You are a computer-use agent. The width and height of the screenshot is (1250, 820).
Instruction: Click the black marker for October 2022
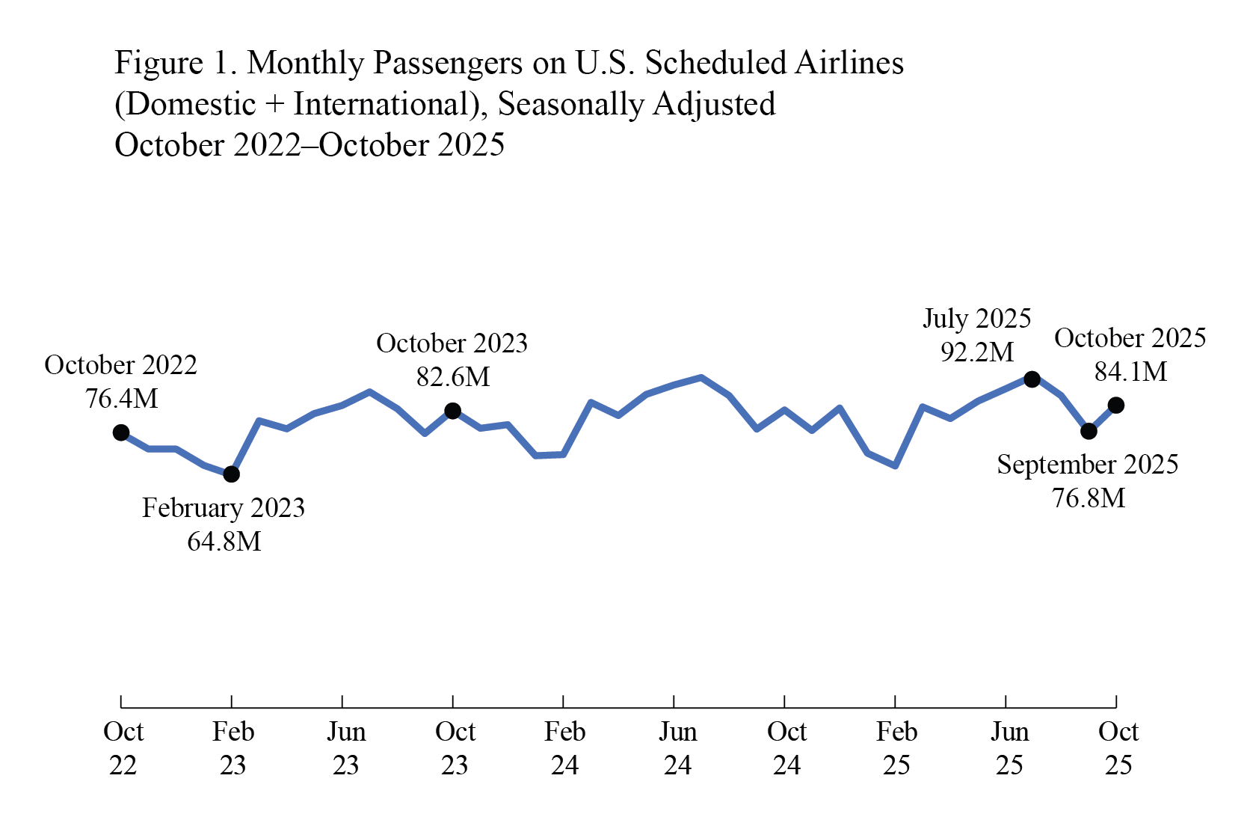121,432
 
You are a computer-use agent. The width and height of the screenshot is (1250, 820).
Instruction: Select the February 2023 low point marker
232,474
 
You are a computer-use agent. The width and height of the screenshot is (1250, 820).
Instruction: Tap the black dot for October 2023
452,411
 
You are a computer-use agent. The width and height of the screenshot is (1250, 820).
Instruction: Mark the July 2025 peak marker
1032,379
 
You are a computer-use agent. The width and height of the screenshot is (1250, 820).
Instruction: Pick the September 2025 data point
1089,431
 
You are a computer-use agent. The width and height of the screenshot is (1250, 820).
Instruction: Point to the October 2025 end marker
1116,406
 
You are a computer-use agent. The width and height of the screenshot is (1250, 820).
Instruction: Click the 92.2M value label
977,352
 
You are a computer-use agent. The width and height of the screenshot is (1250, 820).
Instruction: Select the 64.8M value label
224,541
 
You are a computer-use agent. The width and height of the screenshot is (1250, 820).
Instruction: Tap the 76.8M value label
1089,498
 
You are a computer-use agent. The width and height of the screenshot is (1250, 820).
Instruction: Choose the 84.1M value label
1130,372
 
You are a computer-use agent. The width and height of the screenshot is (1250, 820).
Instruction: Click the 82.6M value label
452,377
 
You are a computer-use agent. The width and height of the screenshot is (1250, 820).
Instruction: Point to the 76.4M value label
121,399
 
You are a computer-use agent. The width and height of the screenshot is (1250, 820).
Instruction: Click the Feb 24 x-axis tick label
564,748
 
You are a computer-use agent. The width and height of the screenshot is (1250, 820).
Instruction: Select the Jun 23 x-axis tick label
346,748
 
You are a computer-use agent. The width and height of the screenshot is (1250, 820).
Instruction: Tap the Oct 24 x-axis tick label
786,748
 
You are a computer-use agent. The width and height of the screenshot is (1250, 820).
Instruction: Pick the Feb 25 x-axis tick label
896,748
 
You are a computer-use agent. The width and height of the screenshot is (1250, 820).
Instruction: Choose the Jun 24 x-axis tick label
677,748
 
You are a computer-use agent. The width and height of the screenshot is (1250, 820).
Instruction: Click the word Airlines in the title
849,63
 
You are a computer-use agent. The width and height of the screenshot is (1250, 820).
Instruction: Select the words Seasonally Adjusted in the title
636,104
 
